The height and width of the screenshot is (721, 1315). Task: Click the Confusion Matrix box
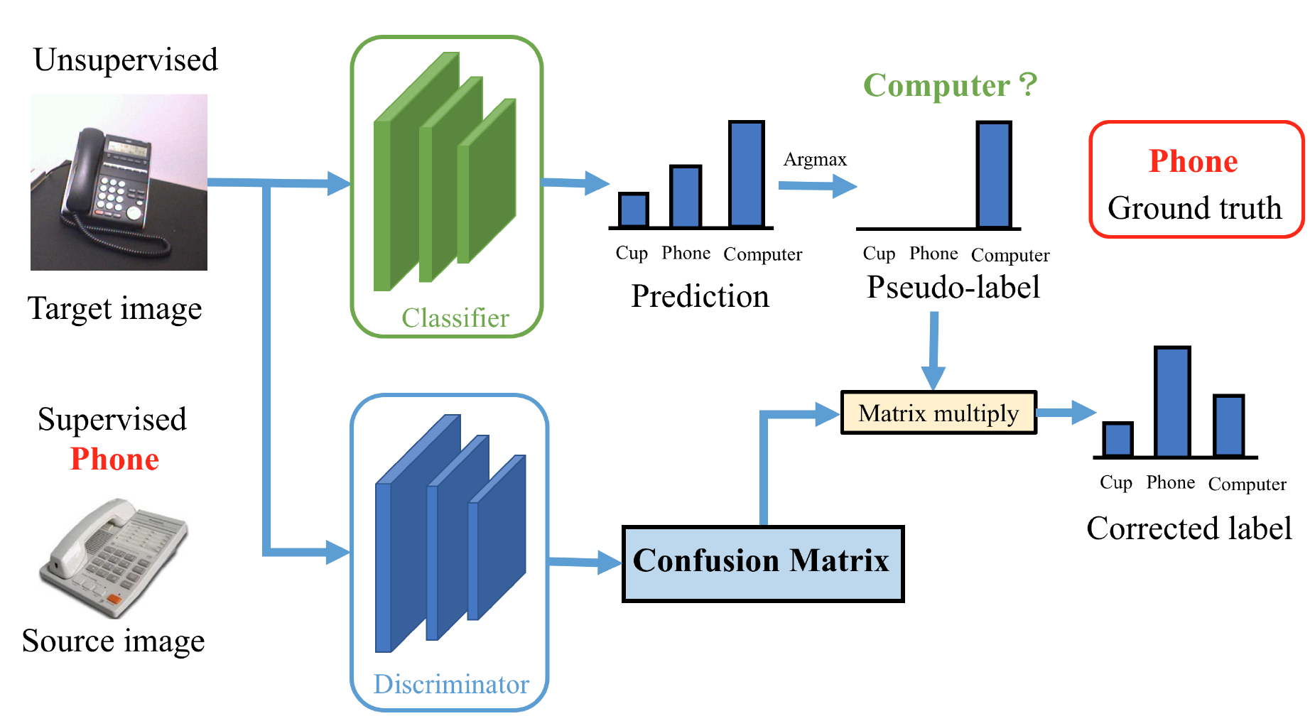pyautogui.click(x=763, y=564)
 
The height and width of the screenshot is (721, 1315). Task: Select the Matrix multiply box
pyautogui.click(x=938, y=412)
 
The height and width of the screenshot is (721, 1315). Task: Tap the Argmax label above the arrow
pyautogui.click(x=815, y=160)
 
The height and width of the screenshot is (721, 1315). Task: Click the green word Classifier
pyautogui.click(x=455, y=318)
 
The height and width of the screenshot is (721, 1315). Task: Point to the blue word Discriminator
pyautogui.click(x=451, y=684)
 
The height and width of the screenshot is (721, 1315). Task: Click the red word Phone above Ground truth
pyautogui.click(x=1194, y=161)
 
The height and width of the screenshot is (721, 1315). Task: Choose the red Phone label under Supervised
pyautogui.click(x=114, y=459)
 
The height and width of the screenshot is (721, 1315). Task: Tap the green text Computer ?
pyautogui.click(x=950, y=85)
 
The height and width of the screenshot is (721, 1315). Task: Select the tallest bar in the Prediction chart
pyautogui.click(x=747, y=174)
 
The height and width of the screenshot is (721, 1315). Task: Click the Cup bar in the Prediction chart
pyautogui.click(x=633, y=210)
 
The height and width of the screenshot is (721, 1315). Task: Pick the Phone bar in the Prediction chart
pyautogui.click(x=686, y=197)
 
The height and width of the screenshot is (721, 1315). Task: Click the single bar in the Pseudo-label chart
pyautogui.click(x=994, y=175)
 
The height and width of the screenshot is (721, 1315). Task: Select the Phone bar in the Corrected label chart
pyautogui.click(x=1172, y=402)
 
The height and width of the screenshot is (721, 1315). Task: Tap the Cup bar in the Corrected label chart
pyautogui.click(x=1118, y=440)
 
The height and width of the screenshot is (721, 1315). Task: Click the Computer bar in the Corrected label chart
pyautogui.click(x=1228, y=426)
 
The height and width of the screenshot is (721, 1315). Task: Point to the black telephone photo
pyautogui.click(x=119, y=182)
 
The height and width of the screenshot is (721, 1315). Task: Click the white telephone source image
pyautogui.click(x=114, y=558)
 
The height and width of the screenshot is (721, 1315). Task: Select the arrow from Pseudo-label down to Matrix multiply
pyautogui.click(x=934, y=351)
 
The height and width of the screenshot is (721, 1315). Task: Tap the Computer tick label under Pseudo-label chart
pyautogui.click(x=1010, y=255)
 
